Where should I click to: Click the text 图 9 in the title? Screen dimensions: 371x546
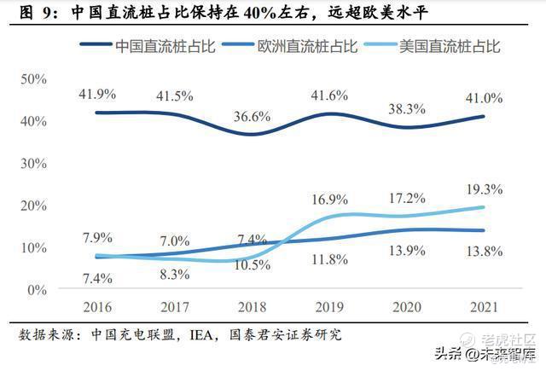point(31,13)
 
